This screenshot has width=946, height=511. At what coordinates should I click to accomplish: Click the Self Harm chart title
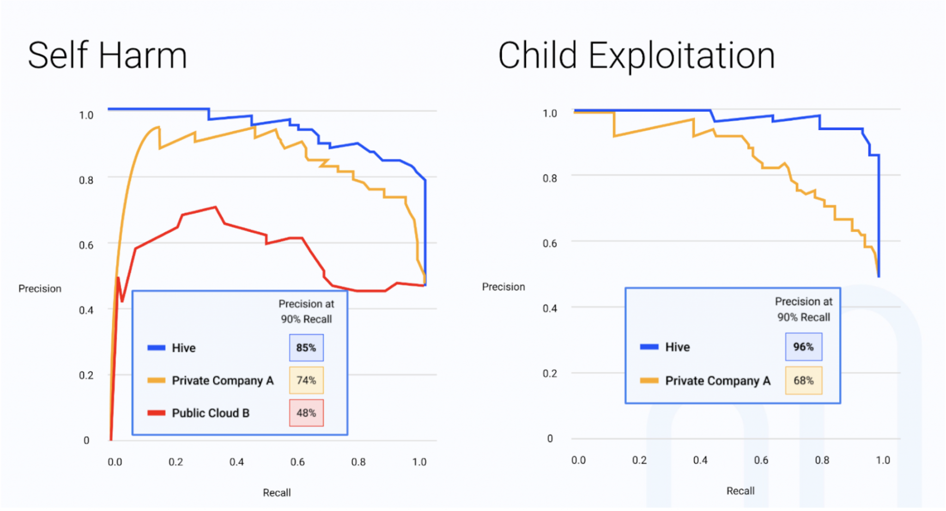tap(107, 55)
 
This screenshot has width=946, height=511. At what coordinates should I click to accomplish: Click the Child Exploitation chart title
tap(636, 55)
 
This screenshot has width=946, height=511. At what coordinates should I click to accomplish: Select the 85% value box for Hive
tap(306, 348)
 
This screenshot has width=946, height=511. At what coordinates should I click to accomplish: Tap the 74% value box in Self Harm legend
tap(306, 380)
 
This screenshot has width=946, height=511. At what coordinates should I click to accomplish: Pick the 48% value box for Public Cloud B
tap(306, 413)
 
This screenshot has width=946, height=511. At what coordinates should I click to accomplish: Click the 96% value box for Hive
tap(803, 347)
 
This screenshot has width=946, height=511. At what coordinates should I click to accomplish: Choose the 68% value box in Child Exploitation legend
tap(803, 381)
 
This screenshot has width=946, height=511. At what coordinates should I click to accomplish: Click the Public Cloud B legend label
tap(211, 413)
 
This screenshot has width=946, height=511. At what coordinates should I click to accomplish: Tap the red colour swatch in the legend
tap(156, 413)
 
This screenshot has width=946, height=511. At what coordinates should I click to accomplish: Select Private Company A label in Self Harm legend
tap(223, 381)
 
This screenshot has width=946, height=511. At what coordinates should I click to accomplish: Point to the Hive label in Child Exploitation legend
tap(677, 347)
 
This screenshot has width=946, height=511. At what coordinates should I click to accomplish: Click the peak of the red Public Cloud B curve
tap(215, 207)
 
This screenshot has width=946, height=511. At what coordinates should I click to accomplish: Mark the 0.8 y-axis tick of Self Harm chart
tap(86, 180)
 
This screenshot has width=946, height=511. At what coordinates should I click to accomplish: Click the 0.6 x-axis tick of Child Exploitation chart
tap(761, 460)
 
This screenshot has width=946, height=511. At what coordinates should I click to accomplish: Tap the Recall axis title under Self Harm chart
tap(277, 493)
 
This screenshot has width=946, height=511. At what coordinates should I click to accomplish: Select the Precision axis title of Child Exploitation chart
tap(503, 287)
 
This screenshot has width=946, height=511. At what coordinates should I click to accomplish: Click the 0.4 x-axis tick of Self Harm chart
tap(236, 462)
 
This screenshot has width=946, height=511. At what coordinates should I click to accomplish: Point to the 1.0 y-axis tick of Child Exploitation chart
tap(550, 113)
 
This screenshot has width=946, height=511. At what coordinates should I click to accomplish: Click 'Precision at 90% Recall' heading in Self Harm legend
tap(306, 311)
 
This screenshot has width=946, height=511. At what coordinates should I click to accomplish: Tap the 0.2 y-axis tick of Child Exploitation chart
tap(550, 373)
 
